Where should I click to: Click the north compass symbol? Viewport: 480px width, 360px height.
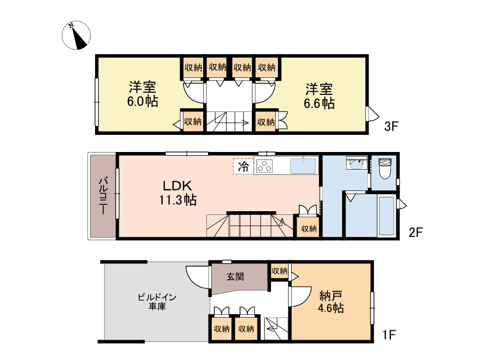76,35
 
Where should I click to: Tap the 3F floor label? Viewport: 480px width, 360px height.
391,126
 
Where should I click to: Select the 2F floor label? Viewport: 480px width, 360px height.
415,233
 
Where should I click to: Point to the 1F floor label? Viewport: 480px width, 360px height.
389,334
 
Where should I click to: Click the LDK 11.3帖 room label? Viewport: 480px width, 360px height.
178,193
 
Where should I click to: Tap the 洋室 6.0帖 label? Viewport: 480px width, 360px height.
142,94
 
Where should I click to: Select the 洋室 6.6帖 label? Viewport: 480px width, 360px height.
319,96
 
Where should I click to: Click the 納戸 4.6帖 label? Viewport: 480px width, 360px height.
331,302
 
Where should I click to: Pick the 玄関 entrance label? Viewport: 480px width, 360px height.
235,277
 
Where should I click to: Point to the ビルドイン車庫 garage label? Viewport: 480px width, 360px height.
157,301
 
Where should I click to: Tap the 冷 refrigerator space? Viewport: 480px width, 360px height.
243,167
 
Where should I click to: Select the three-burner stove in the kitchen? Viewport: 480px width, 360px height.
265,167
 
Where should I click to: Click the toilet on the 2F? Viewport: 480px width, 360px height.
385,169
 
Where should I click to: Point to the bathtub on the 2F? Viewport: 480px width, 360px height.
386,217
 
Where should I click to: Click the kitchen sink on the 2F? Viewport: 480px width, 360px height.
303,166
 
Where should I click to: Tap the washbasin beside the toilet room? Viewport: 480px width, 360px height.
357,163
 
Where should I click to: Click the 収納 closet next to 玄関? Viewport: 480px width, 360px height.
279,271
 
